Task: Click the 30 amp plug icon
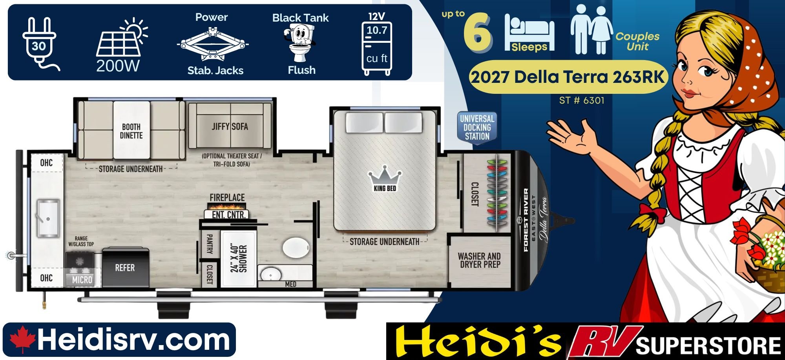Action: tap(39, 44)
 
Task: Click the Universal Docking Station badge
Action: tap(477, 127)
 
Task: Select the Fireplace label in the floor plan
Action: tap(227, 197)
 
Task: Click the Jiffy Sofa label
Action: tap(230, 126)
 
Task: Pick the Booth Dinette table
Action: tap(131, 130)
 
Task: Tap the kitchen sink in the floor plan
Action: tap(48, 218)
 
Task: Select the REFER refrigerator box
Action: tap(125, 267)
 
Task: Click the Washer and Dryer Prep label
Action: tap(479, 260)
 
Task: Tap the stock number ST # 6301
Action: tap(582, 101)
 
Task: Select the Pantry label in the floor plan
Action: tap(209, 243)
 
